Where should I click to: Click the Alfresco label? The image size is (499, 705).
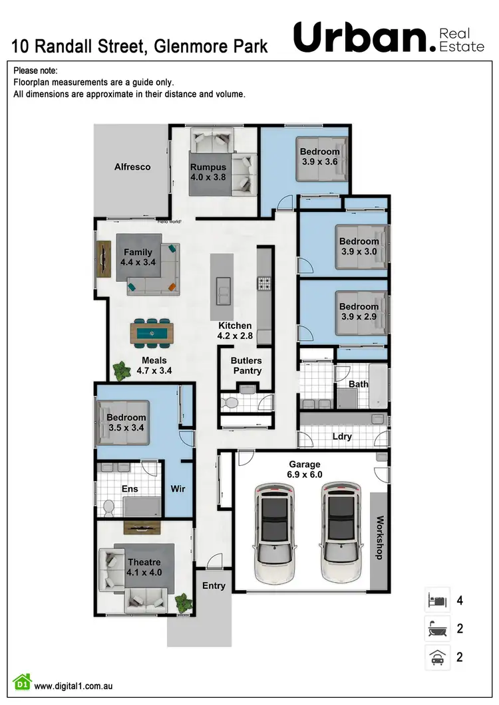point(132,167)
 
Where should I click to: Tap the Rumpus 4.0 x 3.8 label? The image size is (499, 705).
point(208,172)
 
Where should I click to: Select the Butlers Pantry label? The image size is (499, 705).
point(246,365)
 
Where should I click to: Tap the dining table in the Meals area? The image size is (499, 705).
point(152,332)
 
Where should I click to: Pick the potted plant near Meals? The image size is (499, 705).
point(120,371)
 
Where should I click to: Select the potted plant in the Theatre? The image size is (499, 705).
point(182,602)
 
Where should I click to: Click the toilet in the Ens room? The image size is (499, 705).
point(110,508)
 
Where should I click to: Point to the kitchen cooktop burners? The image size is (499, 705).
point(264,284)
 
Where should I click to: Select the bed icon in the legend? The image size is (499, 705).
point(438,601)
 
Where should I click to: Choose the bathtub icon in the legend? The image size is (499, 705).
point(438,629)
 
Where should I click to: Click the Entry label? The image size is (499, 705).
point(214,585)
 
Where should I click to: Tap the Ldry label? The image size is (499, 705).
point(341,437)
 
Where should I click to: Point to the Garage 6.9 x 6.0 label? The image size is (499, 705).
point(305,469)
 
